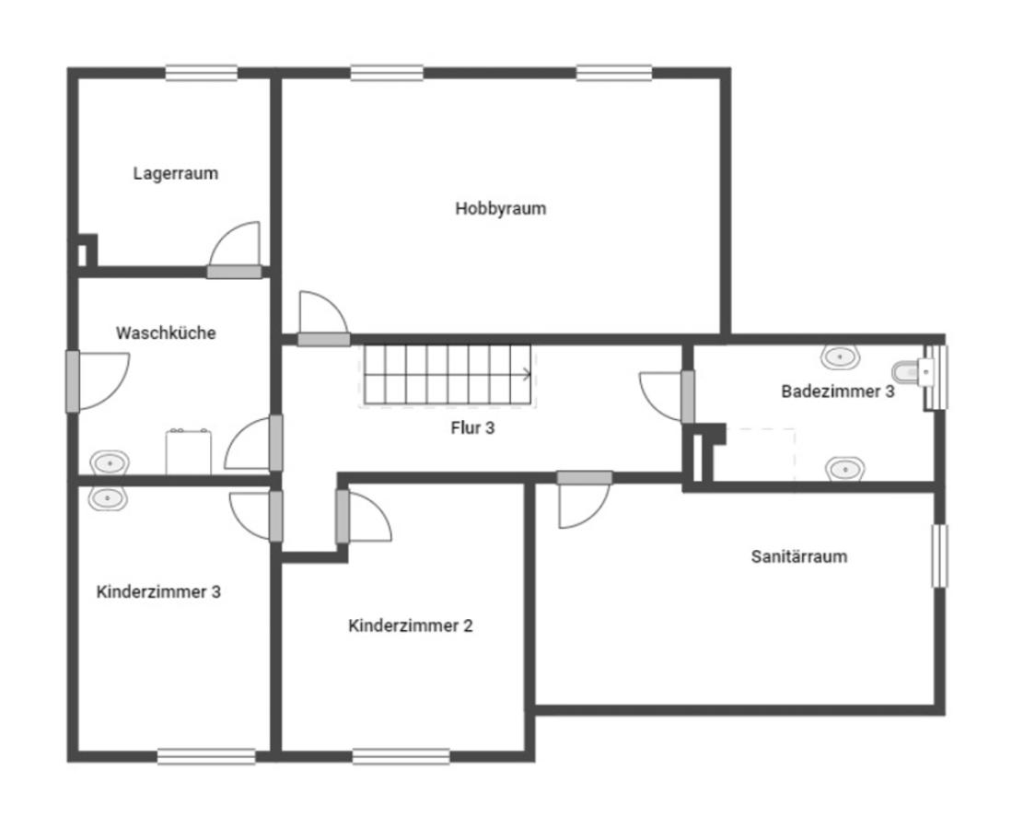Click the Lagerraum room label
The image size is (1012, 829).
(176, 173)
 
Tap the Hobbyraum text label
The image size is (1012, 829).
(500, 208)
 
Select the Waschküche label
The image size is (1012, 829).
(166, 333)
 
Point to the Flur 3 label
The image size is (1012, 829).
(472, 428)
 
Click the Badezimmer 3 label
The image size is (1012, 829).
(838, 391)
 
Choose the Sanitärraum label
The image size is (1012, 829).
(799, 556)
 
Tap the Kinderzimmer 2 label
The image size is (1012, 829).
(411, 625)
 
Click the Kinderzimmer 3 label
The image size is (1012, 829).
(158, 592)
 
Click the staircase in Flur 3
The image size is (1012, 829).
(448, 375)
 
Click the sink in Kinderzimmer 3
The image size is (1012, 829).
(108, 497)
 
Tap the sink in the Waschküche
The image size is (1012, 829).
(110, 463)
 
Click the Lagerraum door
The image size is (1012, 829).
(234, 251)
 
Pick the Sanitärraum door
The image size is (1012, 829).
(584, 500)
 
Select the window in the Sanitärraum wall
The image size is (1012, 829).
(939, 556)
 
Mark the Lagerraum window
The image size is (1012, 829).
(202, 73)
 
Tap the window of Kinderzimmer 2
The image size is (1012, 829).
(401, 756)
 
